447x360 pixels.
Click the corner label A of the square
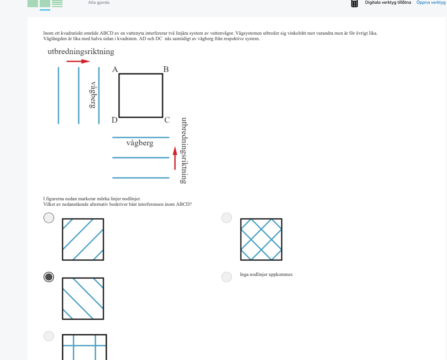click(115, 69)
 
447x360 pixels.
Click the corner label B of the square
click(166, 69)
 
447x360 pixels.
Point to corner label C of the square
click(167, 120)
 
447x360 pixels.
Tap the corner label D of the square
click(114, 120)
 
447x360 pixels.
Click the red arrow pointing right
click(78, 61)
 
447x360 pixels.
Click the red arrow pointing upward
click(175, 158)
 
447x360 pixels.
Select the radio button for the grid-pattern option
click(49, 336)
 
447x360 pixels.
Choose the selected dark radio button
click(49, 277)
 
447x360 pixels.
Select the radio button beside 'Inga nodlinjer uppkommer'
click(226, 277)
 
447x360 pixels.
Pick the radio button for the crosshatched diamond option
click(226, 218)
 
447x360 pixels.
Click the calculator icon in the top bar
click(354, 3)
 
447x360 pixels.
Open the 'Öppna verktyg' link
click(431, 2)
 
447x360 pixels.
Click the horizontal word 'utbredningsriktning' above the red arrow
click(81, 52)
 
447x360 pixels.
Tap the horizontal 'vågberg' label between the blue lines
click(140, 143)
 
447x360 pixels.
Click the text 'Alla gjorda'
click(98, 2)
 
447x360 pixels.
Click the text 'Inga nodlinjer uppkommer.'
click(267, 275)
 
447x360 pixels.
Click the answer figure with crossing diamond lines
click(261, 240)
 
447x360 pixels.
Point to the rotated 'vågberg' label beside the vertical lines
click(93, 95)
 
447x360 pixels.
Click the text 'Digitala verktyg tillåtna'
click(388, 2)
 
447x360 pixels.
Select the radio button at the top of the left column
click(49, 218)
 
